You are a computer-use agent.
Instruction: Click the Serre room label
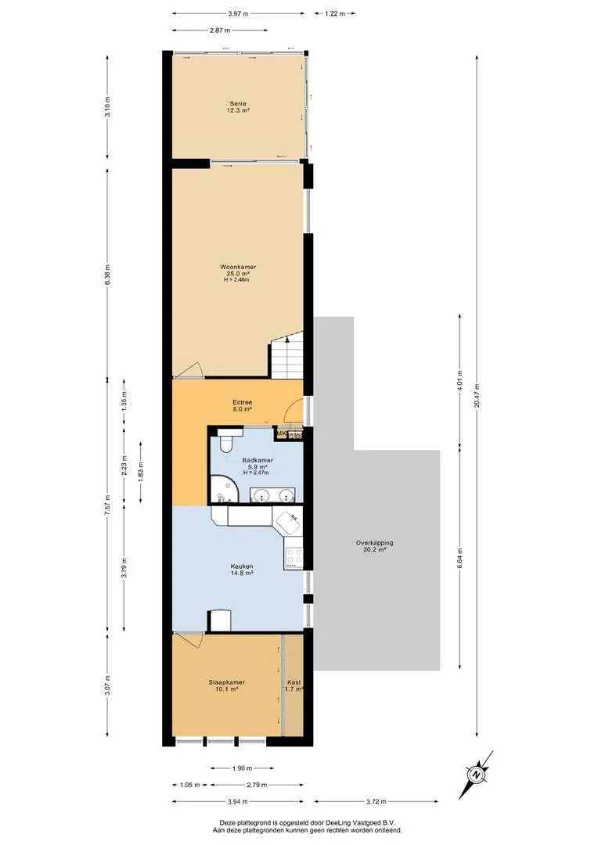tap(238, 103)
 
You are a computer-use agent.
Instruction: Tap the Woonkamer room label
tap(238, 267)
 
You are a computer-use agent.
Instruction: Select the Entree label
tap(242, 402)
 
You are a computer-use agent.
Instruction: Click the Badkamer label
tap(258, 460)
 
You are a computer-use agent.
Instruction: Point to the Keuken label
tap(242, 566)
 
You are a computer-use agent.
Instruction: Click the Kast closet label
tap(294, 682)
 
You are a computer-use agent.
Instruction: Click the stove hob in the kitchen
tap(294, 556)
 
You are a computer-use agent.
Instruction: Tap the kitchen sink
tap(289, 520)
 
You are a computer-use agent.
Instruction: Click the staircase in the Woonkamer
tap(286, 356)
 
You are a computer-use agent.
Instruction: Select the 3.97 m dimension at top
tap(238, 14)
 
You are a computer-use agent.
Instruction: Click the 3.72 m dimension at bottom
tap(376, 801)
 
